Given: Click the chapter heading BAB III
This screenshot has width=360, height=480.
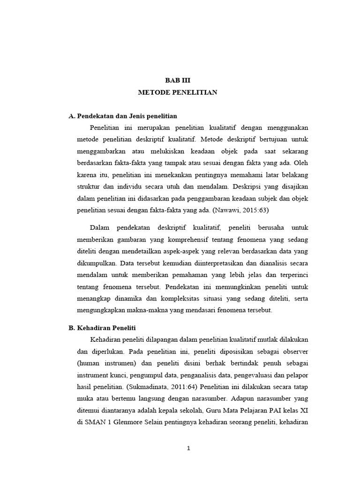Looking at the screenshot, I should tap(177, 80).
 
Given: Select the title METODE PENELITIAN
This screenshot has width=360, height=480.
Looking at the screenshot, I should tap(177, 92).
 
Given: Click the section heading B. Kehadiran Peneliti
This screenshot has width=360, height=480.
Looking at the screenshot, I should tap(102, 328).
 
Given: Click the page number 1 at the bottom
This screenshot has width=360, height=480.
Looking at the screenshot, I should tap(188, 448).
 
